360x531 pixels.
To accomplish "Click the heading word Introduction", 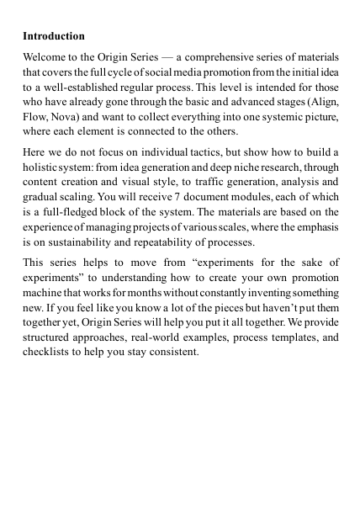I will pyautogui.click(x=54, y=37).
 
